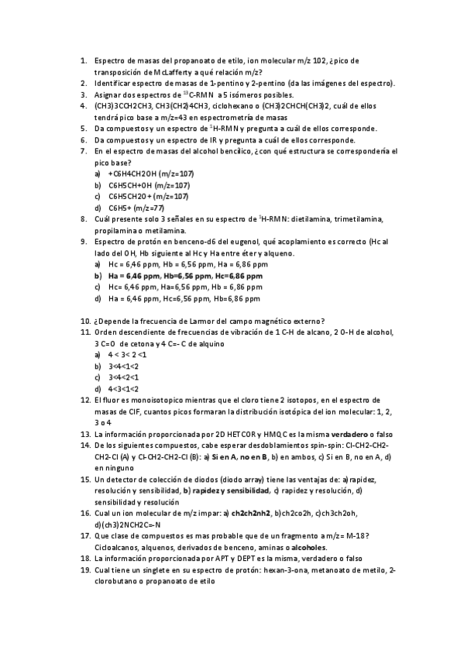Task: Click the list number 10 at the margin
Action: [x=85, y=322]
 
